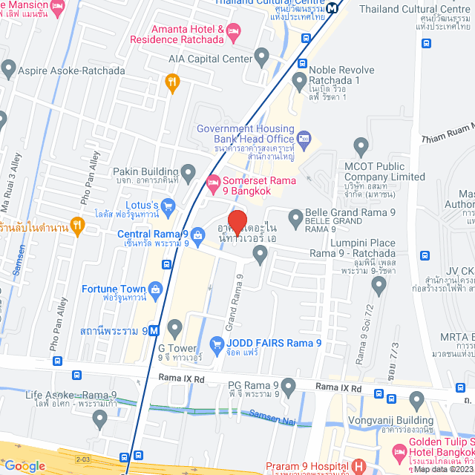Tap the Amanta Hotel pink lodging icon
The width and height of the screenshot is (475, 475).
233,31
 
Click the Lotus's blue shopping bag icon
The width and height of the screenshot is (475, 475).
168,205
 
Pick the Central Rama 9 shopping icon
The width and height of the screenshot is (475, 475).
197,233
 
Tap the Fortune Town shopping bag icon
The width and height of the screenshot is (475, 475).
156,289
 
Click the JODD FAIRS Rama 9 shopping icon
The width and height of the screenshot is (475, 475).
217,344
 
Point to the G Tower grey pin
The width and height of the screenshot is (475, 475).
174,327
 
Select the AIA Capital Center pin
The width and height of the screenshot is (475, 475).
261,56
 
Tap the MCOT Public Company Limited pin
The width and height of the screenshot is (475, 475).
361,145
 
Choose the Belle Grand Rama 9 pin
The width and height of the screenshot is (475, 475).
294,213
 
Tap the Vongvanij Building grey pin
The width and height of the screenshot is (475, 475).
417,402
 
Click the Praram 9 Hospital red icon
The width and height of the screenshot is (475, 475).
360,468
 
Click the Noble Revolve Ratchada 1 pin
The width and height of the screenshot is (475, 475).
300,79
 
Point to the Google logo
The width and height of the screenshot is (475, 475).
24,466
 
